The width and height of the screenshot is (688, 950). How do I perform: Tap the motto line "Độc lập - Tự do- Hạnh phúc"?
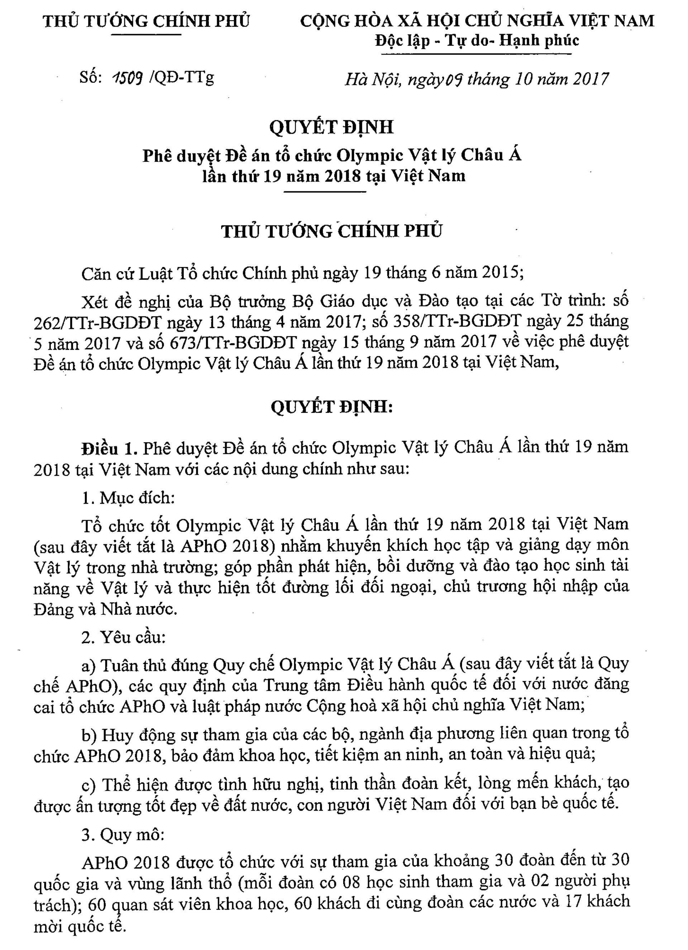click(477, 41)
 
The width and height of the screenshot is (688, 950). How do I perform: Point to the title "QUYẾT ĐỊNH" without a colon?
click(331, 127)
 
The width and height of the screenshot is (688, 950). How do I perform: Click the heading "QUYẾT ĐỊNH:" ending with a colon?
click(331, 407)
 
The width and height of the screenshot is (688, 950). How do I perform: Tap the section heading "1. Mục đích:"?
click(128, 498)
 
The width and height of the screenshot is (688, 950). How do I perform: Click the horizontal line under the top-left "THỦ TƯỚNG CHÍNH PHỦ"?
click(147, 33)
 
